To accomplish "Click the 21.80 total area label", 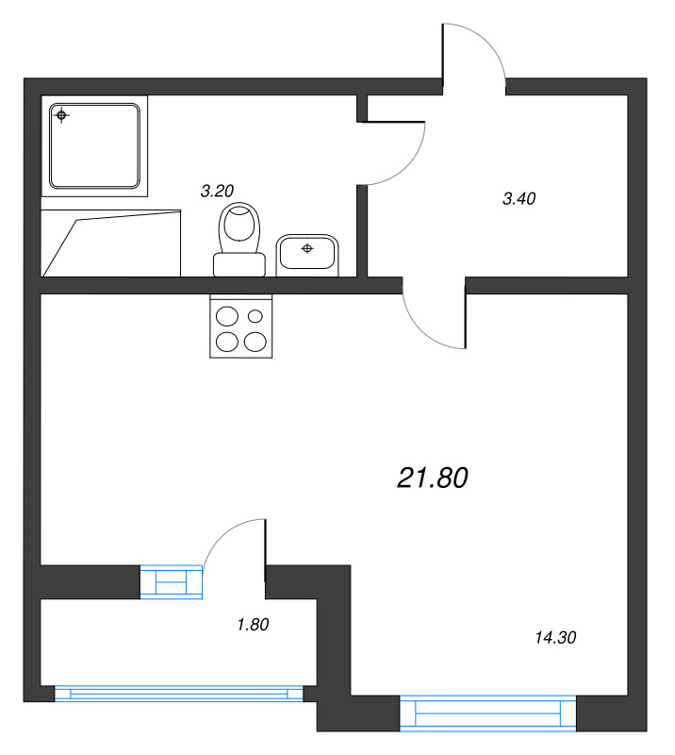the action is point(432,478).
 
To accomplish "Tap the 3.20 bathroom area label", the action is point(217,192).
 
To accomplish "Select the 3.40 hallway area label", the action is point(519,198).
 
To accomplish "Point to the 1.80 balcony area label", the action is point(253,625).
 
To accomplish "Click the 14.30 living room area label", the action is point(555,638).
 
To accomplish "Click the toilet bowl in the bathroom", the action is point(239,226).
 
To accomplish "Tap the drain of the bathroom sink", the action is point(307,248).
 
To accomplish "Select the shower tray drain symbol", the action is point(61,115).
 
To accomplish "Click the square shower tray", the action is point(94,146).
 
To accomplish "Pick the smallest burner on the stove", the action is point(255,316).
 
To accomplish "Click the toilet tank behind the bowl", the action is point(239,264).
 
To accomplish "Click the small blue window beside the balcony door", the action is point(172,582).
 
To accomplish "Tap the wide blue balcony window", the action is point(179,694).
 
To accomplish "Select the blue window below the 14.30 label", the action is point(487,713).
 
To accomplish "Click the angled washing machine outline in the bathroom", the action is point(110,243).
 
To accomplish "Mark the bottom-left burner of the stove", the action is point(227,343).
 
